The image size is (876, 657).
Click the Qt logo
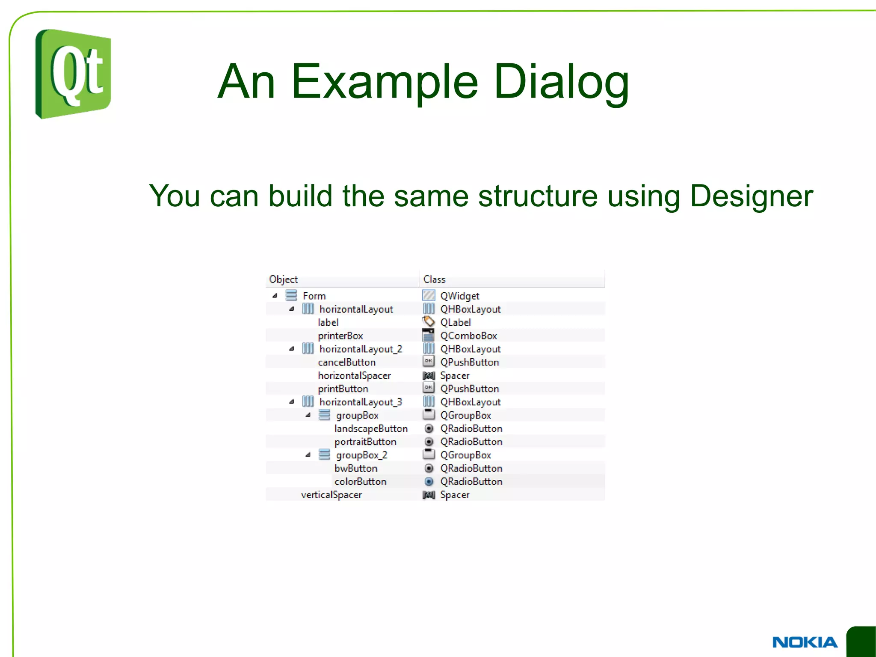[73, 74]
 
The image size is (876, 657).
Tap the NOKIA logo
[804, 642]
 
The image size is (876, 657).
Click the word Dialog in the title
[561, 82]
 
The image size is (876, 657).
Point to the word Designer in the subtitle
[751, 196]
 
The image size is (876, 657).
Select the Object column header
[283, 279]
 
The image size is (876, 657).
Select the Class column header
[434, 279]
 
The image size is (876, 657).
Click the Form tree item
[314, 296]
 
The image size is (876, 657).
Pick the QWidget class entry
[460, 296]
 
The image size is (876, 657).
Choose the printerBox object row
[340, 336]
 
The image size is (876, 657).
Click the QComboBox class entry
[468, 336]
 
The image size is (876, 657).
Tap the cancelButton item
[346, 362]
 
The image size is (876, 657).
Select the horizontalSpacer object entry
[354, 375]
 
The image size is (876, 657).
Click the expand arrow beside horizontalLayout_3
[292, 401]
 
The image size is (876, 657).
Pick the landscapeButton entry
[371, 428]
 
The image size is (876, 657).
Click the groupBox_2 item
[361, 455]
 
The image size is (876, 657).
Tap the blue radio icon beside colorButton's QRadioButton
[429, 482]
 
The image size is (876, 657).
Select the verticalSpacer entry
[331, 495]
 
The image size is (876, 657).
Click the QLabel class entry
[456, 322]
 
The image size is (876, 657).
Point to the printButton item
[343, 389]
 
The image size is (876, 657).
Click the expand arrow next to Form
[275, 295]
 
